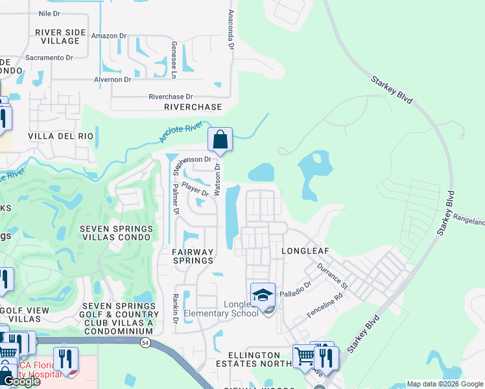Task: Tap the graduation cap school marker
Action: point(263,296)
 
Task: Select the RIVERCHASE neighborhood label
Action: point(193,107)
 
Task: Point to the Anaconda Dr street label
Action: point(230,30)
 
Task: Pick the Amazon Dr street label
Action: point(107,36)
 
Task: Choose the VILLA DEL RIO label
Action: point(61,137)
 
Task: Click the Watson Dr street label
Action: point(218,181)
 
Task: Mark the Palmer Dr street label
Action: point(175,198)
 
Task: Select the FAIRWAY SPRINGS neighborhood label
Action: point(193,255)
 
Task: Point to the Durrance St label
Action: point(333,276)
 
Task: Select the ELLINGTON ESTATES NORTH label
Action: point(249,359)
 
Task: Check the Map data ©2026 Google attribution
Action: point(444,384)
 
